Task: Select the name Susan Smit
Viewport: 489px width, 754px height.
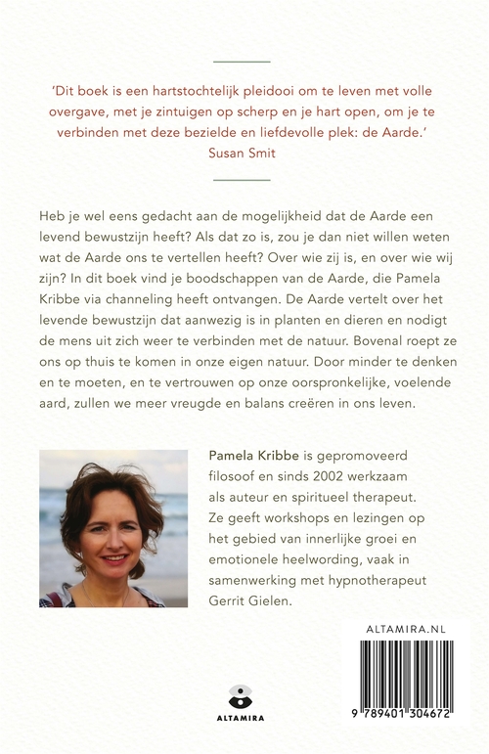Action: tap(244, 153)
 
